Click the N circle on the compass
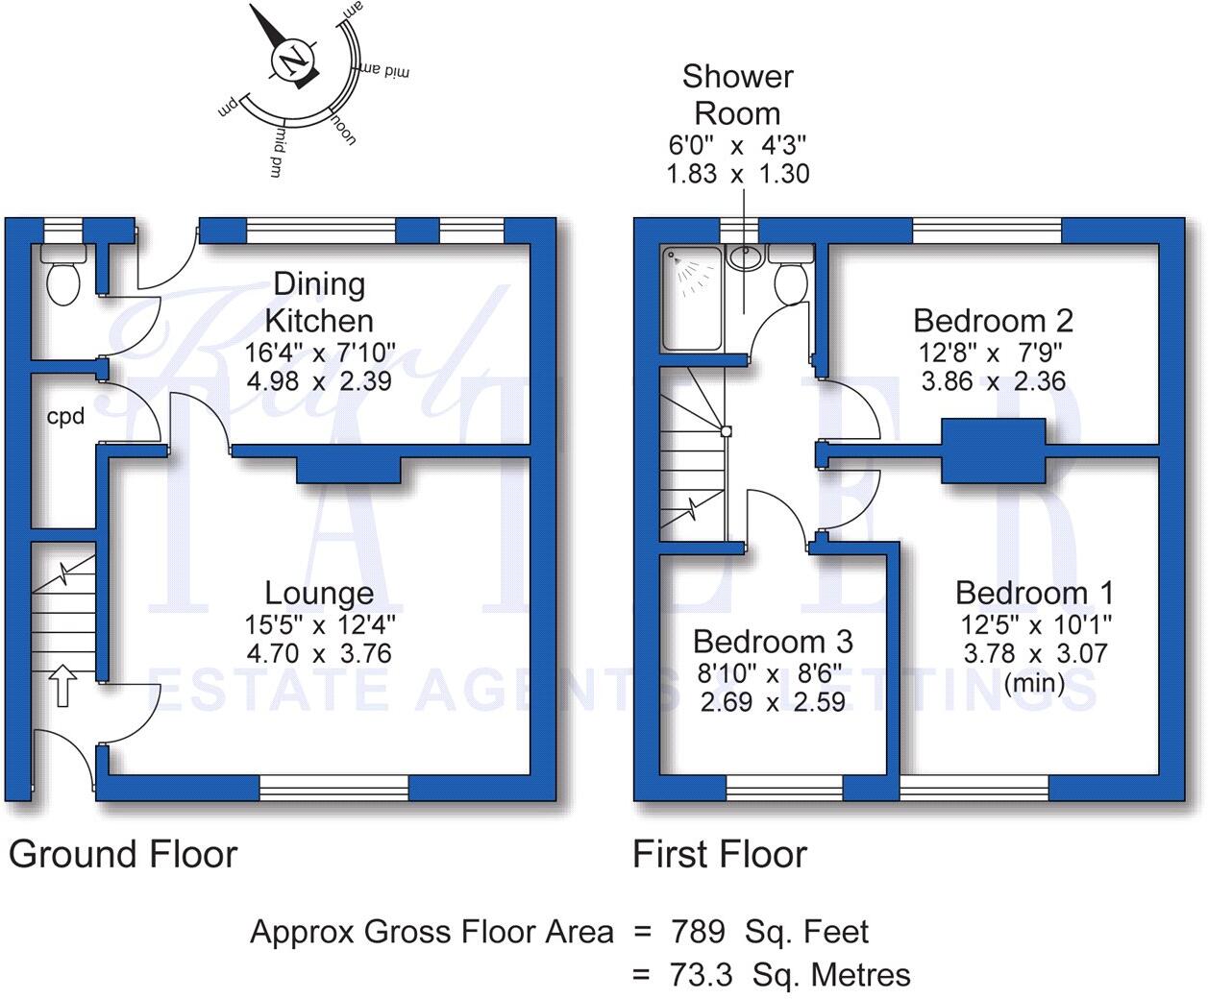pos(292,60)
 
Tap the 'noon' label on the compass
pos(343,128)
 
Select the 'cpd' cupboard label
pos(65,417)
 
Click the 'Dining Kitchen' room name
pos(319,302)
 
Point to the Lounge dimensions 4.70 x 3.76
pos(319,653)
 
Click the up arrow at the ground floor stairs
pos(62,686)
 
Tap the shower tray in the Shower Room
pos(691,298)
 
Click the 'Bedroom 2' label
pos(993,320)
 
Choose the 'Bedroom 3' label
pos(773,641)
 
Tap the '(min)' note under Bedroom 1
pos(1034,683)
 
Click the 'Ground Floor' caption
pos(123,854)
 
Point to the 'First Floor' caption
pos(720,854)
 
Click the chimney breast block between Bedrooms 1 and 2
pos(993,451)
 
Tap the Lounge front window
pos(334,788)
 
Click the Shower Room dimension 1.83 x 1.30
pos(737,174)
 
